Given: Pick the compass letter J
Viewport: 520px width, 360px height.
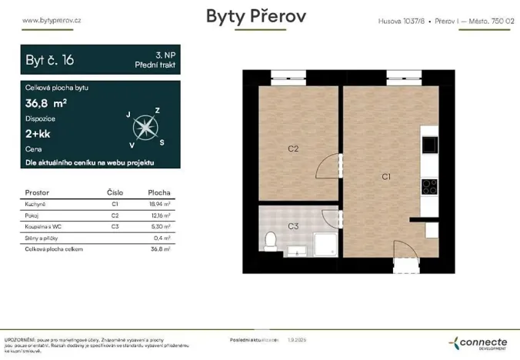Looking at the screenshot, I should tap(128, 114).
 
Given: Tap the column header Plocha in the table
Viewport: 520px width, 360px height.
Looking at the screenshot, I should tap(159, 192).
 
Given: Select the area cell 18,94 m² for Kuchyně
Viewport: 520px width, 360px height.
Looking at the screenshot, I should tap(158, 205).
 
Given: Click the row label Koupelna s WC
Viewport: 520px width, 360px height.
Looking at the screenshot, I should tap(46, 227).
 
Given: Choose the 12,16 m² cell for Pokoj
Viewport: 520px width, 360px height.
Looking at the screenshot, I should tap(158, 216).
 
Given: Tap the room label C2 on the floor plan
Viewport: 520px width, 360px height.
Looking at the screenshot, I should tap(293, 148).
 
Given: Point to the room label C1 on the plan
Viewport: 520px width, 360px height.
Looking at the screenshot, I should tap(387, 177).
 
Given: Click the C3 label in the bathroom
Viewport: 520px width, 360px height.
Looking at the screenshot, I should tap(293, 226).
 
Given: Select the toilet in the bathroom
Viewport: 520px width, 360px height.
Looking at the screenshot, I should tap(270, 242).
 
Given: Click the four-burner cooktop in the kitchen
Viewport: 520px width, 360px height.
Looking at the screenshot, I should tap(428, 185).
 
